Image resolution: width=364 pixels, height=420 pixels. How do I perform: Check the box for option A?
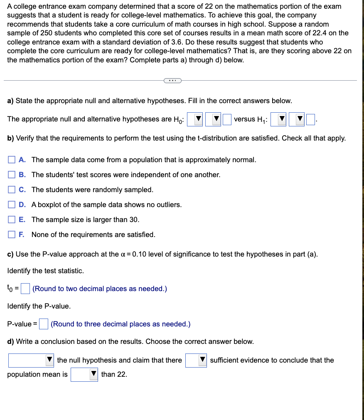click(12, 160)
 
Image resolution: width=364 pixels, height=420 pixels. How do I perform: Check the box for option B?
click(12, 175)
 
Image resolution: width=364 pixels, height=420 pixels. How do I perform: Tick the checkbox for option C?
click(12, 190)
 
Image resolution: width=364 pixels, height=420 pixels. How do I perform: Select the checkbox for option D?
click(12, 205)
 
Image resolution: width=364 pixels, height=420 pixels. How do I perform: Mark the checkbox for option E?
click(12, 220)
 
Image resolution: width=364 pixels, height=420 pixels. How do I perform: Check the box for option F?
click(12, 235)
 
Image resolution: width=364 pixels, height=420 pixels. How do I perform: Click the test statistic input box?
click(25, 288)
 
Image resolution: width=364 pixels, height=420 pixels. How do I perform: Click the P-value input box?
click(44, 324)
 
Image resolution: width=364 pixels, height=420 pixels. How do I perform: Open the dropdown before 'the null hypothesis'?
click(31, 360)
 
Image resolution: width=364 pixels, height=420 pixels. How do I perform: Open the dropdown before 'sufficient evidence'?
click(196, 360)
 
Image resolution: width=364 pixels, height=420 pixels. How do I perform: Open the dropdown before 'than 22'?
click(84, 374)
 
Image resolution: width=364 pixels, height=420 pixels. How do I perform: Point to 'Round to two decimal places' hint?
click(100, 289)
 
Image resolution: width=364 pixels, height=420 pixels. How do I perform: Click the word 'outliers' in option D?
click(168, 205)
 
